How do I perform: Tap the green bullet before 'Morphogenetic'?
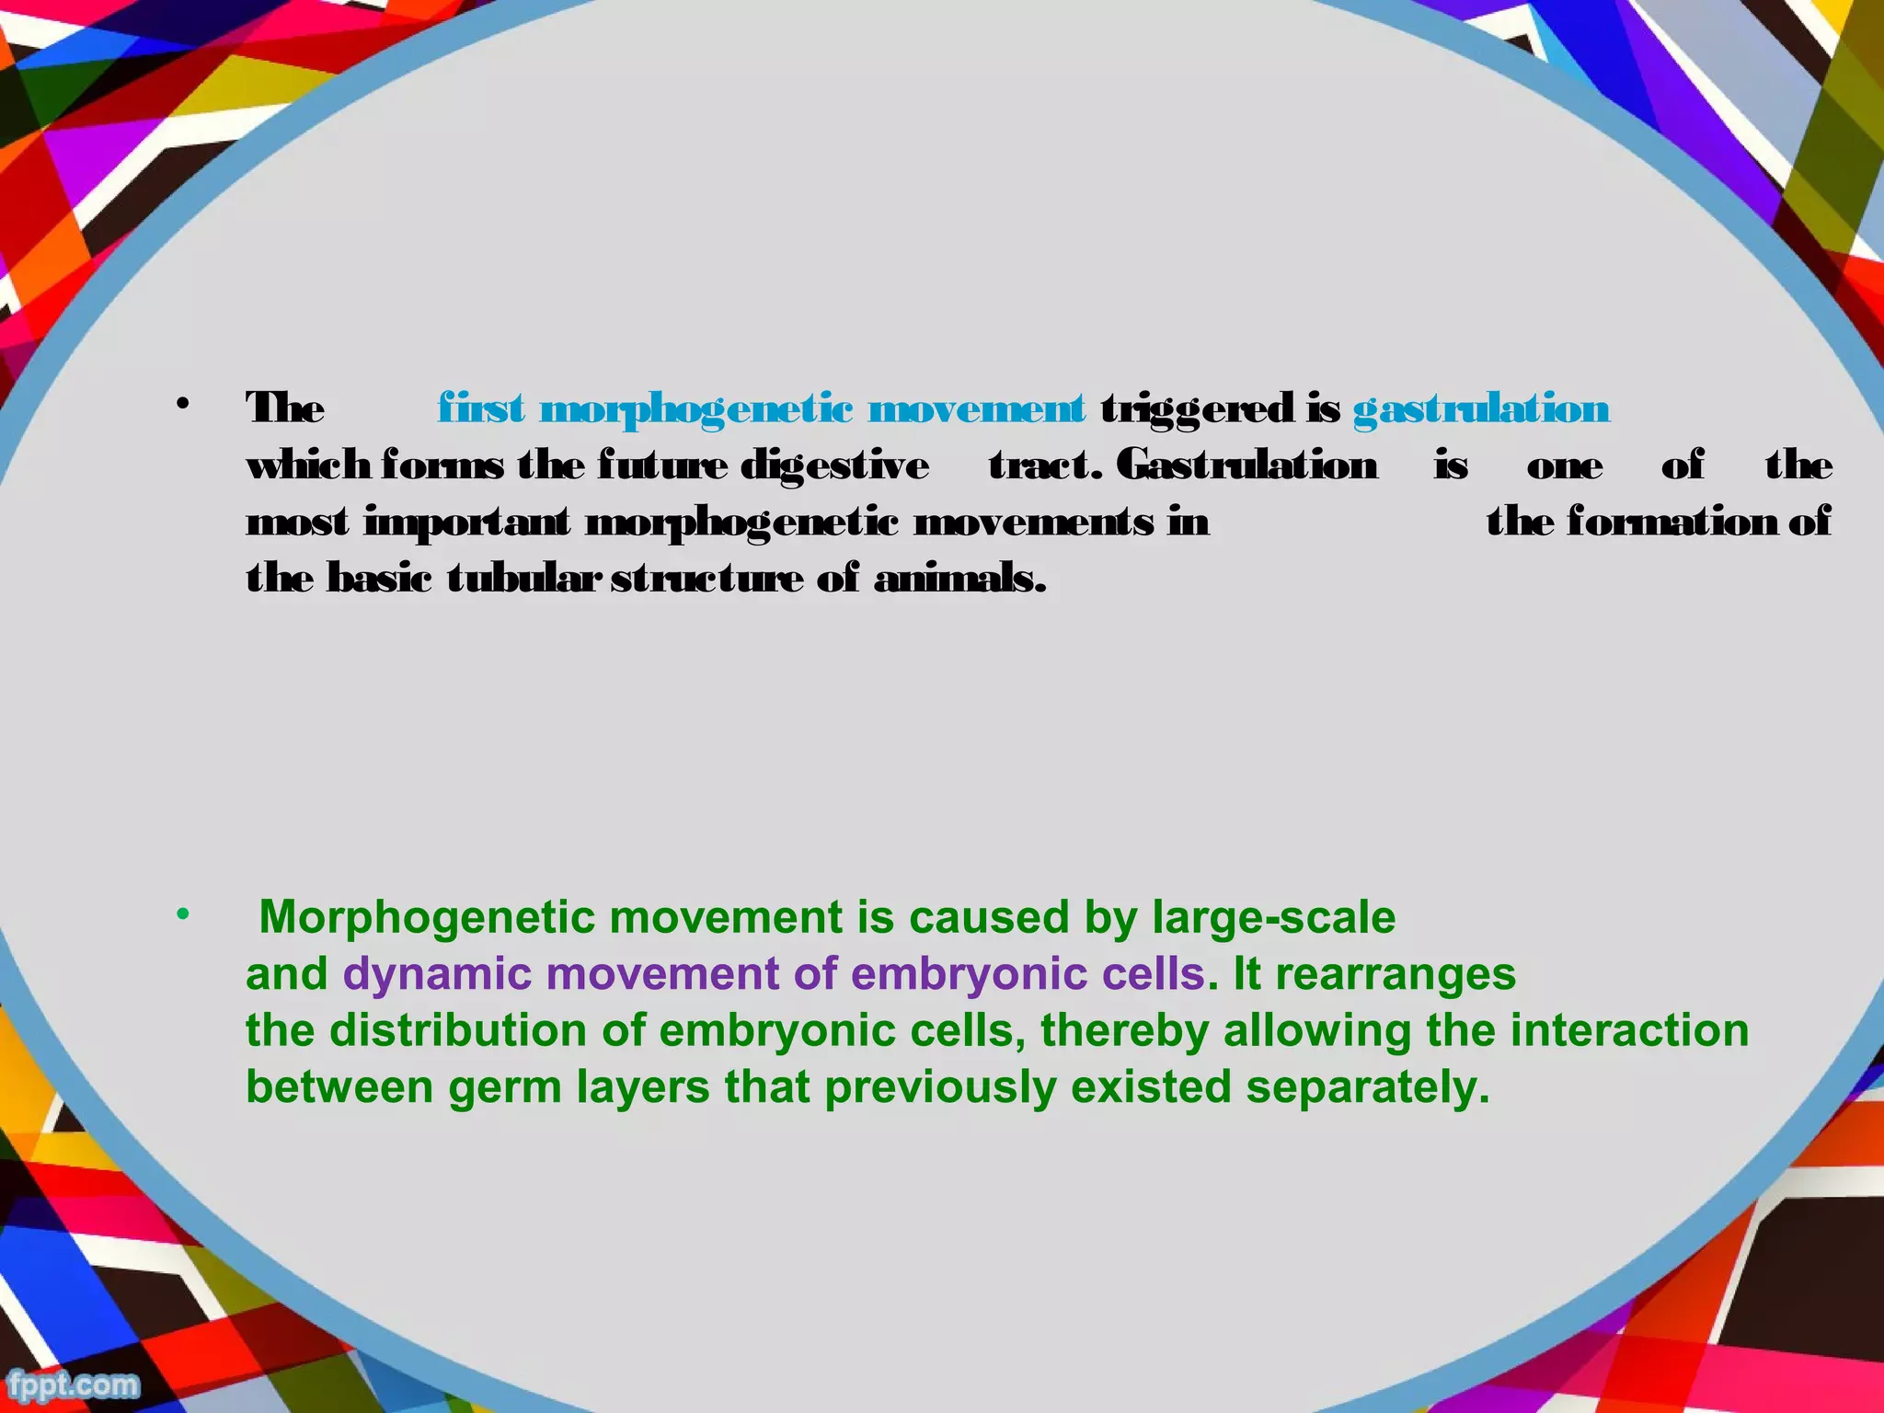coord(183,914)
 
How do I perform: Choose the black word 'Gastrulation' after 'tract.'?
coord(1246,465)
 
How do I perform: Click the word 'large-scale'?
coord(1273,918)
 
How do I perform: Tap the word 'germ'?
coord(505,1088)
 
